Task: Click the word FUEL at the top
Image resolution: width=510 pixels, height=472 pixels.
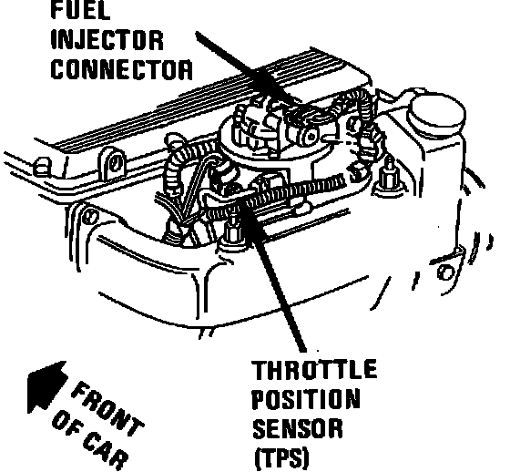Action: [x=81, y=10]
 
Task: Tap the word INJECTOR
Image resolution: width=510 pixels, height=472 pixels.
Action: [x=107, y=40]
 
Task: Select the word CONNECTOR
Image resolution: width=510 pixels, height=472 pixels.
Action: [x=122, y=69]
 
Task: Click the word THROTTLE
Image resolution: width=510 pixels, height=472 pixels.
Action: [x=315, y=369]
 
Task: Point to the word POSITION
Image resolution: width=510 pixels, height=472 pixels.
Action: [x=306, y=398]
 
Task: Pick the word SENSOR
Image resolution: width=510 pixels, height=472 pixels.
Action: [x=298, y=427]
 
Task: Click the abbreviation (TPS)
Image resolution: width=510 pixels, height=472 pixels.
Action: [x=281, y=458]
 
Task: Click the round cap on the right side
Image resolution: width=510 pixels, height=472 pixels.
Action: [x=438, y=110]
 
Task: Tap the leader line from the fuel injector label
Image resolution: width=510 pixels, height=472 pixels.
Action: [x=247, y=69]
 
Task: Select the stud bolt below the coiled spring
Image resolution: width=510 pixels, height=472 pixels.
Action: [x=232, y=232]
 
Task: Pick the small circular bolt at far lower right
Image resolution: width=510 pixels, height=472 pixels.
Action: [x=446, y=272]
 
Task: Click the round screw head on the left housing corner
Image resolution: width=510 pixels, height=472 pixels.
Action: [x=90, y=217]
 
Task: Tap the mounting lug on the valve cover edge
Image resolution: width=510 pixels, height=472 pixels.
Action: [x=112, y=163]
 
